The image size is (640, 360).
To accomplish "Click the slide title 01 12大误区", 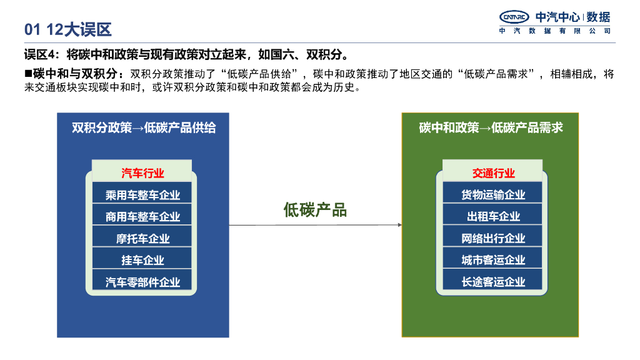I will (x=67, y=29).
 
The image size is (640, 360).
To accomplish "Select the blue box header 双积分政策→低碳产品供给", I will (x=143, y=128).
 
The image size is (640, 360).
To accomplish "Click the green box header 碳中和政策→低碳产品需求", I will (x=491, y=128).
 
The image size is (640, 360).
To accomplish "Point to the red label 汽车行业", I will (x=142, y=173).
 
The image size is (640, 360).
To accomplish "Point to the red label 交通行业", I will (x=493, y=173).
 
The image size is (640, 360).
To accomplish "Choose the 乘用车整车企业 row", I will (x=142, y=195).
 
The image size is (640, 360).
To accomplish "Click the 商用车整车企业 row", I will (x=142, y=217).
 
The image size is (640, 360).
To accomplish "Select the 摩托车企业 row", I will (x=142, y=239).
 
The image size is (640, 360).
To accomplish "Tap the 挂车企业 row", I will (x=142, y=260).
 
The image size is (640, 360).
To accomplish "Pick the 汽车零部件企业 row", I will (x=142, y=282).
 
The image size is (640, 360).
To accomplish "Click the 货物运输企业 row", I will (x=493, y=195).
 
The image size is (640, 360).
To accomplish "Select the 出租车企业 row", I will (x=493, y=217).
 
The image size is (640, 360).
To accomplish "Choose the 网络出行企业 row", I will (x=493, y=239).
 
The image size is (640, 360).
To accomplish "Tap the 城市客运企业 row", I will (x=493, y=260).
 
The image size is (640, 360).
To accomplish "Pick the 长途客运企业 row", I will (x=493, y=282).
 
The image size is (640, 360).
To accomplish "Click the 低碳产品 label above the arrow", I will (x=315, y=210).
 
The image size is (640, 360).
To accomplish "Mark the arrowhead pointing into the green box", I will (x=399, y=225).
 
